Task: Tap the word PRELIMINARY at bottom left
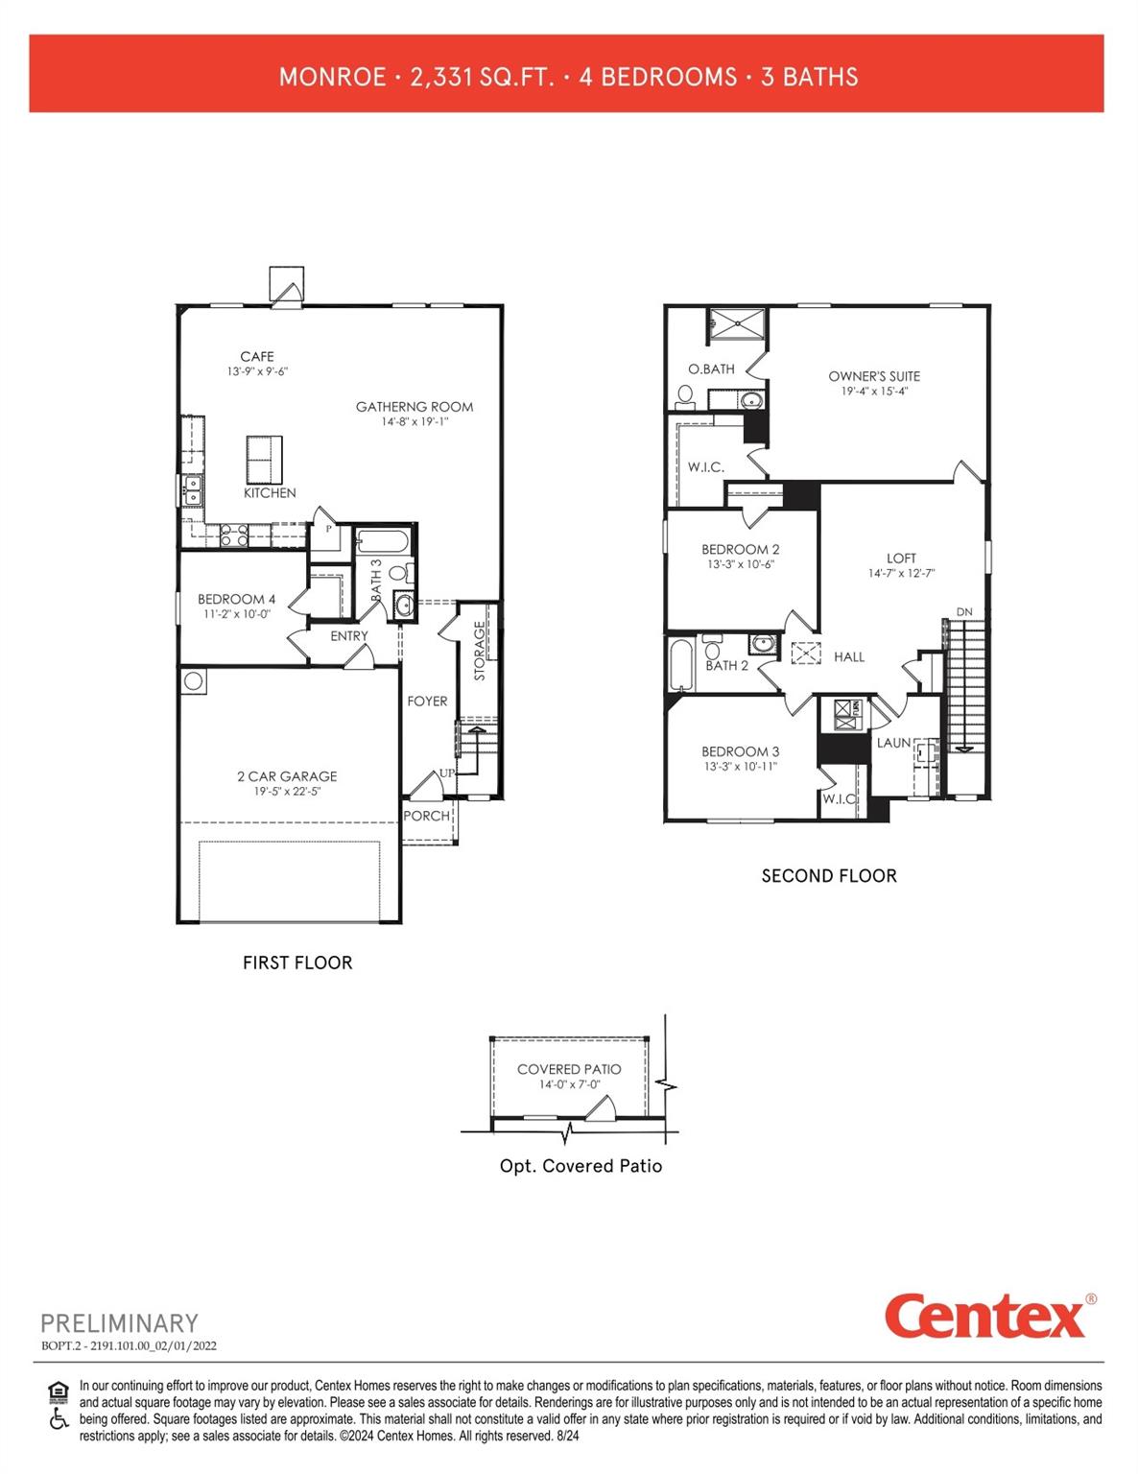point(119,1323)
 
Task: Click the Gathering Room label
point(415,407)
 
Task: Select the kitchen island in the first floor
point(265,460)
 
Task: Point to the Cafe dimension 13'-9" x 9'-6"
point(257,371)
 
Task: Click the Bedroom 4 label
point(236,599)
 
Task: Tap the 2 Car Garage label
point(287,776)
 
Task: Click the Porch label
point(426,816)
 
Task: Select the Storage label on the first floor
point(480,651)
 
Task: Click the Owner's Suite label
point(874,376)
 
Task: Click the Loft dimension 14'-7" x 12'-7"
point(901,574)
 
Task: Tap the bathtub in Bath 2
point(680,665)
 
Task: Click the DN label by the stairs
point(964,612)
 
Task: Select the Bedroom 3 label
point(740,751)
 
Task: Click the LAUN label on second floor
point(893,743)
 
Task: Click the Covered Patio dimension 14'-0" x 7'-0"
point(569,1084)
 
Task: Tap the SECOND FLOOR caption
point(829,876)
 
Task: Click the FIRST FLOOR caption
point(297,963)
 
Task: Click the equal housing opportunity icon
point(59,1390)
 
